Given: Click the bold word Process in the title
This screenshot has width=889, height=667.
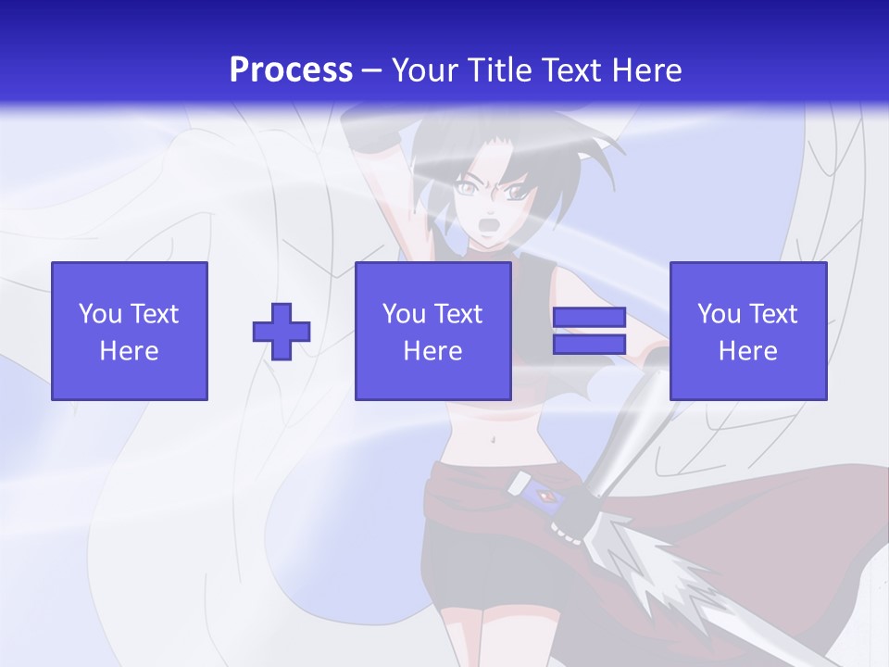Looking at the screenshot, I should click(x=291, y=70).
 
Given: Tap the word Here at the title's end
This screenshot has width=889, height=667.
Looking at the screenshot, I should click(x=646, y=70).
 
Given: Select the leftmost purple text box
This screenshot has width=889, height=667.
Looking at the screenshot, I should click(x=130, y=331).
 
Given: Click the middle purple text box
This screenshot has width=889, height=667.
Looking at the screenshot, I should click(x=432, y=331).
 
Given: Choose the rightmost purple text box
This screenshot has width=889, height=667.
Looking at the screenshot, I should click(x=747, y=331).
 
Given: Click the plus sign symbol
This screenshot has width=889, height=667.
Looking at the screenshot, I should click(x=282, y=331).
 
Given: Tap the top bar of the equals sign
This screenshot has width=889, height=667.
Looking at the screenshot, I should click(x=589, y=316).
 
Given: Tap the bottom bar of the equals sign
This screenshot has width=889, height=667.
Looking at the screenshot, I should click(x=589, y=345).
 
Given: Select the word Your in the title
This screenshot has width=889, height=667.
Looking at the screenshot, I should click(x=424, y=70).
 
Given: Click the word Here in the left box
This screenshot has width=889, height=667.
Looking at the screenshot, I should click(x=130, y=351).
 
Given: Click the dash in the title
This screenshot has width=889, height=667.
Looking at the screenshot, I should click(x=372, y=70).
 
